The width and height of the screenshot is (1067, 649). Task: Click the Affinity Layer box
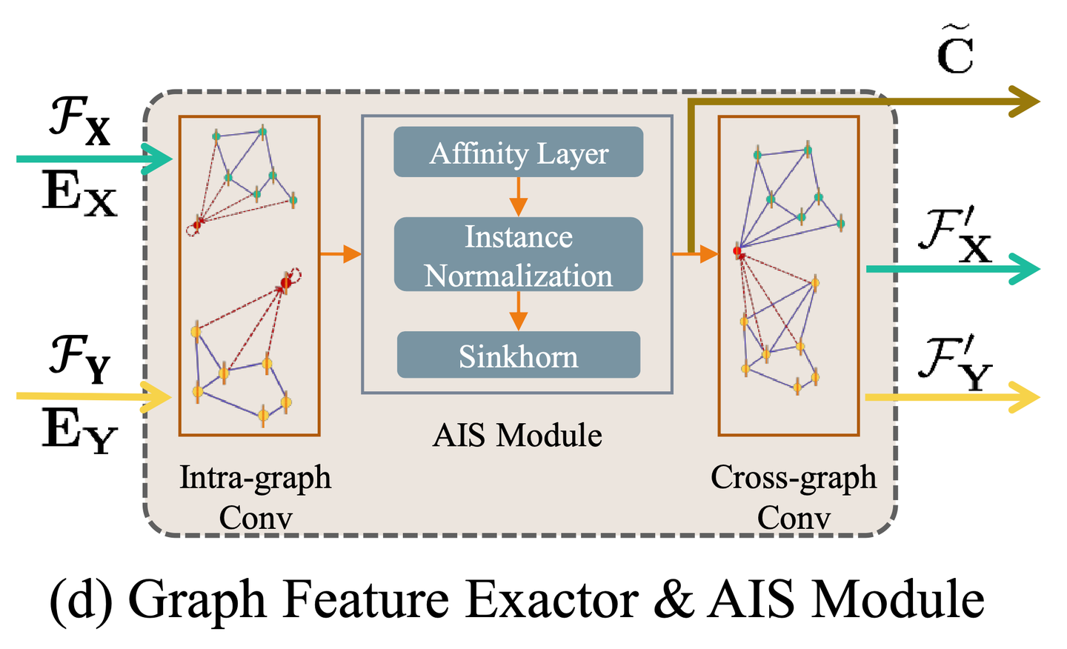pyautogui.click(x=518, y=153)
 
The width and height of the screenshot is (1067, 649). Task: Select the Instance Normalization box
pyautogui.click(x=518, y=255)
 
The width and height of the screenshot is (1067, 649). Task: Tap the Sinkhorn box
pyautogui.click(x=518, y=356)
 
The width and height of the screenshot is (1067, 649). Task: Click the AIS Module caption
pyautogui.click(x=517, y=436)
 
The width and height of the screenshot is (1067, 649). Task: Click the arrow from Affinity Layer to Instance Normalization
pyautogui.click(x=518, y=197)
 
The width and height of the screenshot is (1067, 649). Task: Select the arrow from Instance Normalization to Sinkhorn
pyautogui.click(x=518, y=311)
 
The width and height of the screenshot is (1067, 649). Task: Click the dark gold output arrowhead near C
pyautogui.click(x=1026, y=101)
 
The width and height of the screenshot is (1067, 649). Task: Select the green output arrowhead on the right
pyautogui.click(x=1026, y=269)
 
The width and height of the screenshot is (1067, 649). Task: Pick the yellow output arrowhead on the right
pyautogui.click(x=1026, y=398)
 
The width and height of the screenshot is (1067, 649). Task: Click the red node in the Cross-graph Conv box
pyautogui.click(x=737, y=252)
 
